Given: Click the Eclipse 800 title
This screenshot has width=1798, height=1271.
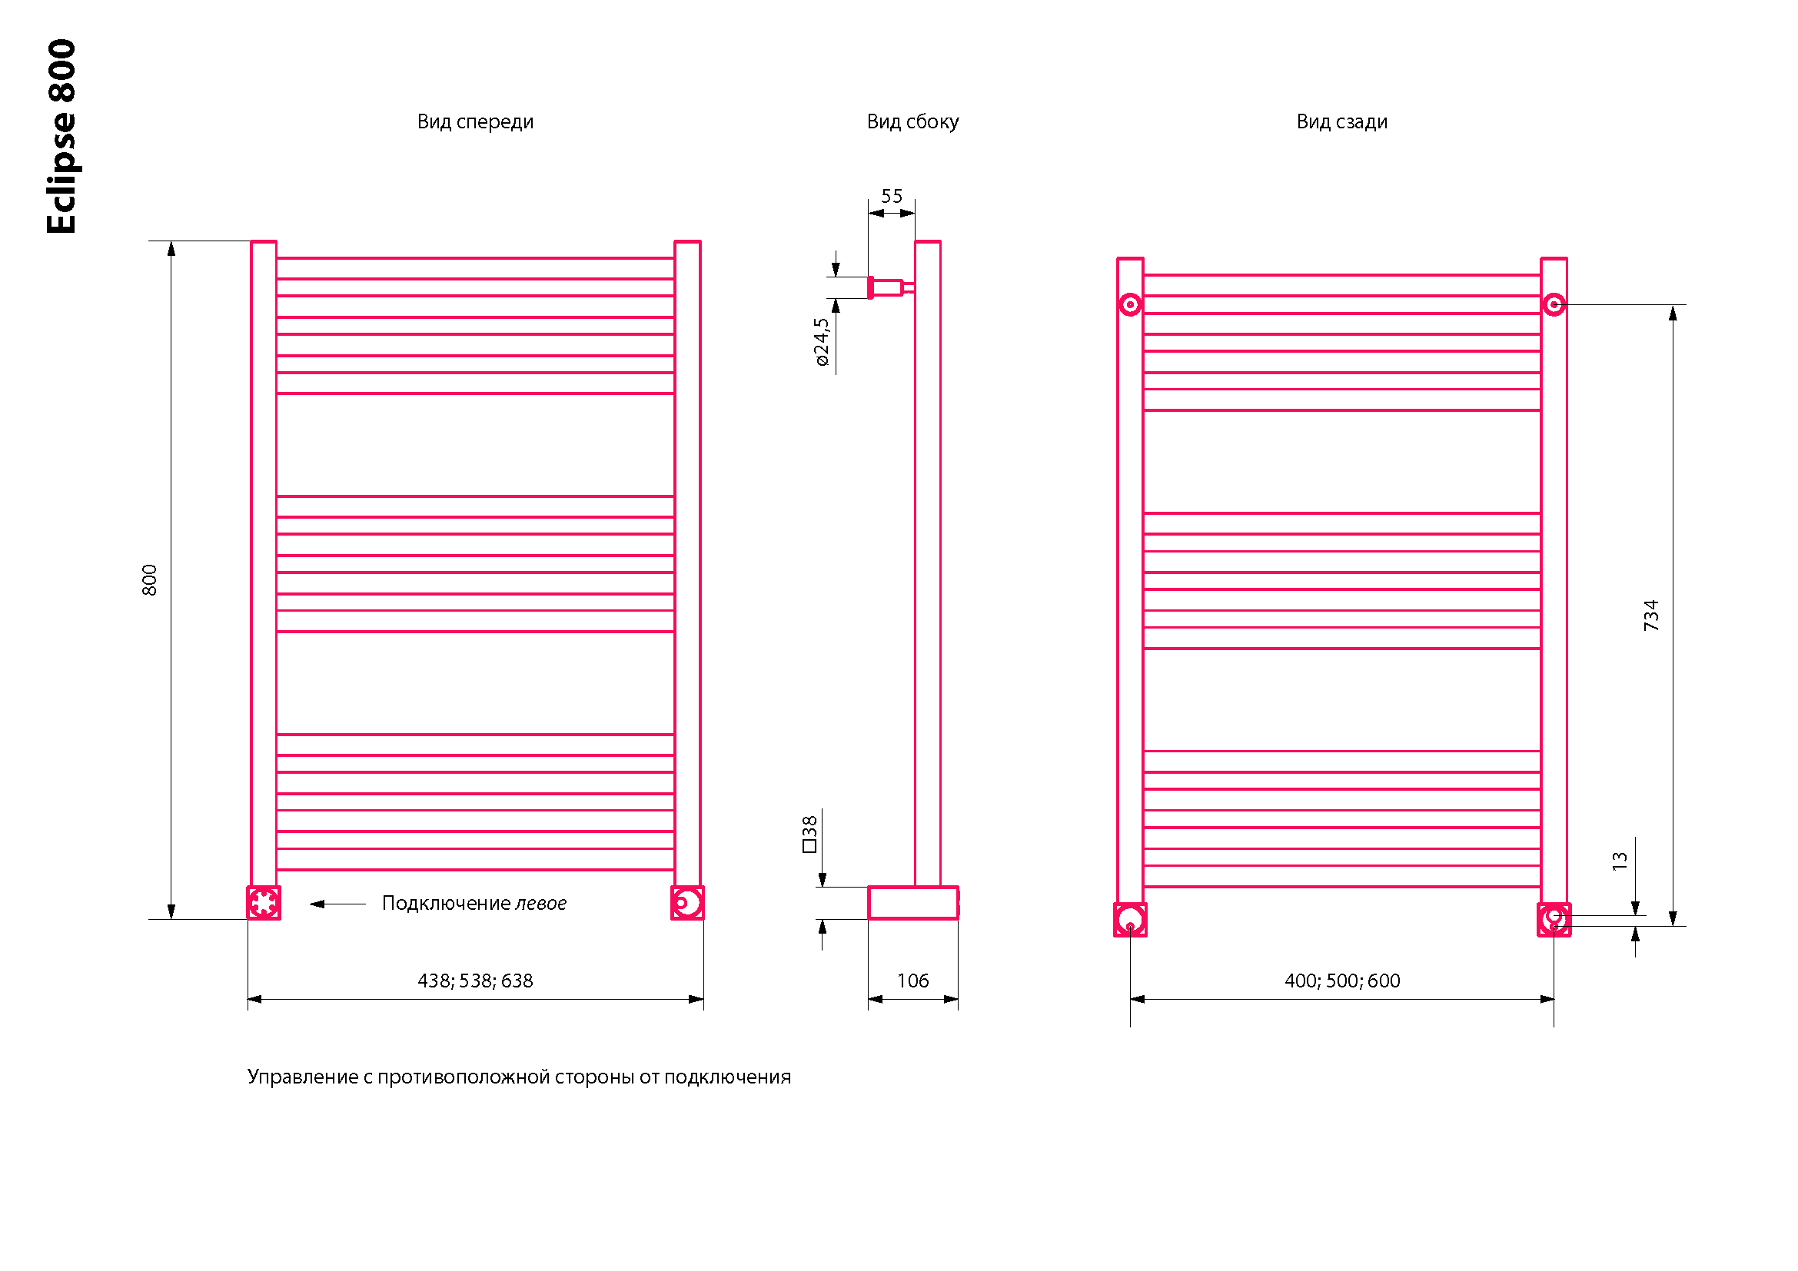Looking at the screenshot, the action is coord(61,136).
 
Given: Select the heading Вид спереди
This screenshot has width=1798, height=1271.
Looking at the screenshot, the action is coord(474,122).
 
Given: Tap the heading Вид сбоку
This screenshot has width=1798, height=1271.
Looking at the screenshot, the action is coord(912,122).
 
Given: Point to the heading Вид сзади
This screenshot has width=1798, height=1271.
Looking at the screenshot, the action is coord(1341,122).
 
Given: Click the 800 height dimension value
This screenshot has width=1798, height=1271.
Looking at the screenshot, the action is coord(150,580).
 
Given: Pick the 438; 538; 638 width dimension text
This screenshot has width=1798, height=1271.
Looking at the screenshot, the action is coord(474,981).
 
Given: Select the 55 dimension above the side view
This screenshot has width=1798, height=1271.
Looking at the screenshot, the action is coord(891,197).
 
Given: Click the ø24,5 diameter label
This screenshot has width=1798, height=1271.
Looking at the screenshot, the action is coord(821,342).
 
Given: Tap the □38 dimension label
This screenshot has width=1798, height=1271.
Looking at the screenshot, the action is coord(809,835).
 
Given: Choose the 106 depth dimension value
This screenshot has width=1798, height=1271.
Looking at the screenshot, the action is coord(912,981).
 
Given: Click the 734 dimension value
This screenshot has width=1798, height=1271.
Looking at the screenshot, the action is coord(1650,616).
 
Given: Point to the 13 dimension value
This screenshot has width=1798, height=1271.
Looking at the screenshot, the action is coord(1620,861).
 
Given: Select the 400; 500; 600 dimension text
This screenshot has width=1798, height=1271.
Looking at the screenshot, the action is coord(1341,981).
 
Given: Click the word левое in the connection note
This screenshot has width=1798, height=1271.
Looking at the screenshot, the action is coord(540,903).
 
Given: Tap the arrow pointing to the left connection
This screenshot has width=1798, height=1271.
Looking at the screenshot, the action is coord(337,904).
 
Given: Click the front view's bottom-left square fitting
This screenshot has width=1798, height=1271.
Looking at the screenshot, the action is coord(264,903).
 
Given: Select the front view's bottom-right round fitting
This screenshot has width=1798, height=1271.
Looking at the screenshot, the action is coord(686,903).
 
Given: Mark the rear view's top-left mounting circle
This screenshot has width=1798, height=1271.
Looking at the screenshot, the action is coord(1130,304).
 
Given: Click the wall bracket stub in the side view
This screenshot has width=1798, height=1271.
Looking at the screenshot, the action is coord(887,288).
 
